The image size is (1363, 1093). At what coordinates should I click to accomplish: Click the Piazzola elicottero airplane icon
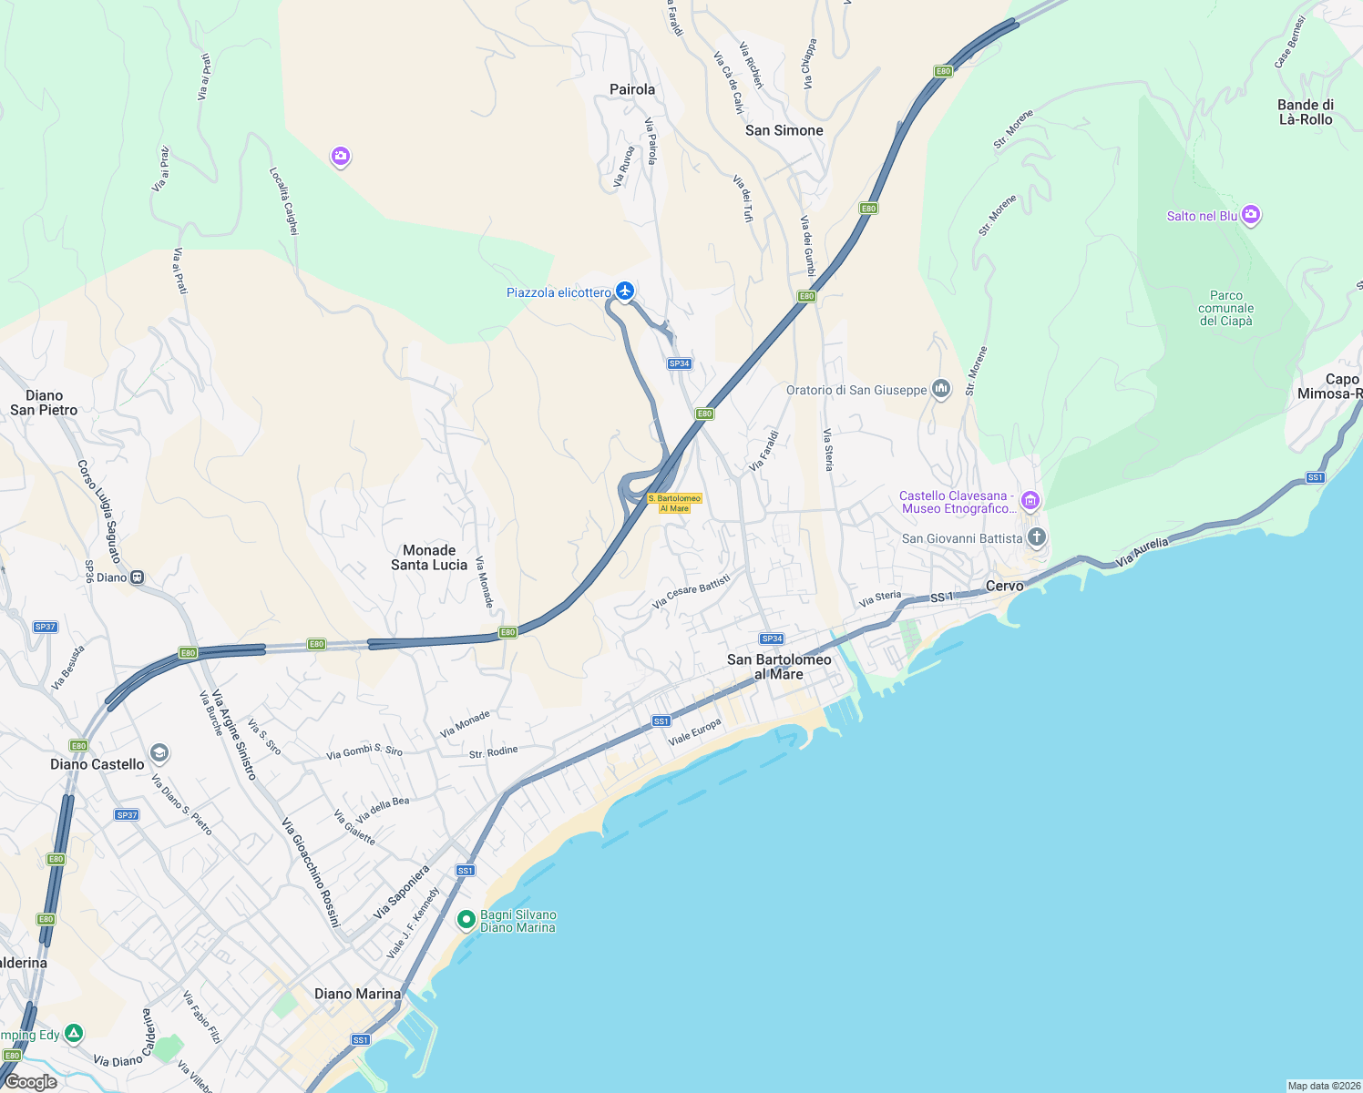[x=624, y=291]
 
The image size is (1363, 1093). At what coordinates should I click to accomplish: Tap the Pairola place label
[x=632, y=89]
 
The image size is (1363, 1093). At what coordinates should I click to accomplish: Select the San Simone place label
[x=784, y=130]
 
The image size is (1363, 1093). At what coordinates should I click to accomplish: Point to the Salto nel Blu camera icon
[x=1251, y=215]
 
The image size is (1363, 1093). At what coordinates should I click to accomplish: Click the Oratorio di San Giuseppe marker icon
[x=941, y=389]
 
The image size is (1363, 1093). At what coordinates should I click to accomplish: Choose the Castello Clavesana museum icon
[x=1030, y=500]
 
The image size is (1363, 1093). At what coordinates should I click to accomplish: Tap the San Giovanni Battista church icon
[x=1036, y=536]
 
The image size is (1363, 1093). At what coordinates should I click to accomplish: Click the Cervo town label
[x=1004, y=586]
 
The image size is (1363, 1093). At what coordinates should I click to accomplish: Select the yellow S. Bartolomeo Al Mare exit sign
[x=674, y=503]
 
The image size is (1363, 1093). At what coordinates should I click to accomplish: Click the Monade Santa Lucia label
[x=429, y=557]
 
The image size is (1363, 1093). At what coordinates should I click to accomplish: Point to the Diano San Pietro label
[x=44, y=403]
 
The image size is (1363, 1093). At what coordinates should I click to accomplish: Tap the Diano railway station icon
[x=137, y=577]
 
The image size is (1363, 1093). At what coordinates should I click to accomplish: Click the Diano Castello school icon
[x=159, y=752]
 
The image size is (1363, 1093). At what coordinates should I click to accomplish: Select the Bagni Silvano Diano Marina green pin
[x=466, y=920]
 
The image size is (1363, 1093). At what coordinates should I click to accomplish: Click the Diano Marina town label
[x=357, y=994]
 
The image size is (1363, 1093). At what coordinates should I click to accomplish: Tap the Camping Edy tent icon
[x=74, y=1033]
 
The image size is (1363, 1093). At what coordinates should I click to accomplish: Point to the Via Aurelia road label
[x=1142, y=553]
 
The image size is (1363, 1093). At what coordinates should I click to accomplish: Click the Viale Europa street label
[x=694, y=732]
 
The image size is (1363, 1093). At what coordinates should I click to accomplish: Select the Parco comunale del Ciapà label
[x=1225, y=308]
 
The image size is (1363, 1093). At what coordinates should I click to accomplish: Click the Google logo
[x=31, y=1081]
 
